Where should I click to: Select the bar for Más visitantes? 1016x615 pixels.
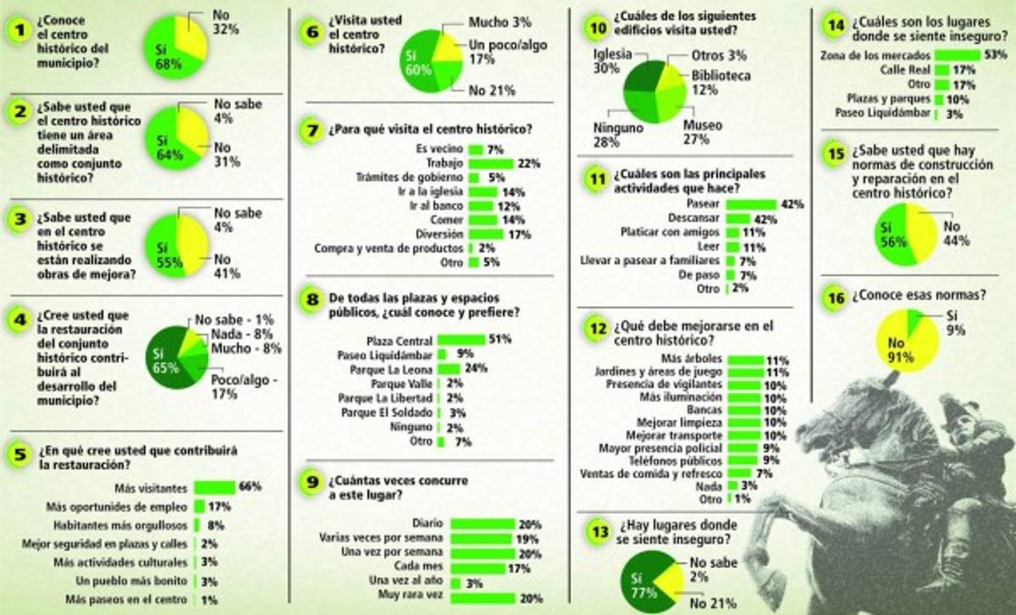pos(214,487)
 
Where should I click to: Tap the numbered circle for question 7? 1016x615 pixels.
pos(312,132)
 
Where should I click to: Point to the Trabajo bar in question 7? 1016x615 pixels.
pos(491,163)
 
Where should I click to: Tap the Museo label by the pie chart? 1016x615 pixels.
pos(702,125)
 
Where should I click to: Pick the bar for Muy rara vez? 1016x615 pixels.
pos(483,598)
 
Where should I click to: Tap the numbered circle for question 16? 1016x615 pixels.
pos(837,297)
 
